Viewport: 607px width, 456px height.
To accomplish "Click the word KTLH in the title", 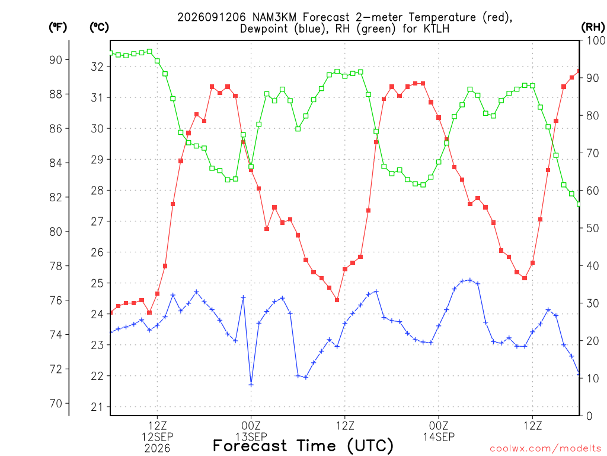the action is (437, 28).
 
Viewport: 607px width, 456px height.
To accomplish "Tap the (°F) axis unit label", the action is (57, 27).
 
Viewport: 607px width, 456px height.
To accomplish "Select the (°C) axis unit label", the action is (99, 27).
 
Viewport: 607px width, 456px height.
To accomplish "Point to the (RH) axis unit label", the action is (593, 27).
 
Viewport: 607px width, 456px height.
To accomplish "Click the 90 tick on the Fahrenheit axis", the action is (56, 60).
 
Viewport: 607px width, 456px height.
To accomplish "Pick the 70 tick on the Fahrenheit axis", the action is (56, 404).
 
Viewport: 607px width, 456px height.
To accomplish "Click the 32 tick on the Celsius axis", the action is (97, 66).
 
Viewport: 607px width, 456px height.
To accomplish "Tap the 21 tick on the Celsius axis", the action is (97, 407).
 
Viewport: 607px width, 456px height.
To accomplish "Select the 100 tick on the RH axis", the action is (596, 40).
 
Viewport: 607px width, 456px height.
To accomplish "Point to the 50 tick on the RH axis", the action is (593, 228).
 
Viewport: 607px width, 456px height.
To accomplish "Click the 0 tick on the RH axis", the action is (590, 416).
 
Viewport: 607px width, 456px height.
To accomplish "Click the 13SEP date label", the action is (251, 437).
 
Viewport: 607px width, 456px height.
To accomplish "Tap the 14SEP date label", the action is (439, 437).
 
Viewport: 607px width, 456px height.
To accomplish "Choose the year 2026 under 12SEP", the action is (157, 449).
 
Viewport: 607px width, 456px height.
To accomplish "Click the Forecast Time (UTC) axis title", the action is (303, 446).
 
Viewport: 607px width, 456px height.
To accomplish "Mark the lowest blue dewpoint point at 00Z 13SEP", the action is (251, 385).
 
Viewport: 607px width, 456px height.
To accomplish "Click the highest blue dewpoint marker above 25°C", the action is (470, 280).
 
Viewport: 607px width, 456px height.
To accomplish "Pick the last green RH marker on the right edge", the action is (579, 204).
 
